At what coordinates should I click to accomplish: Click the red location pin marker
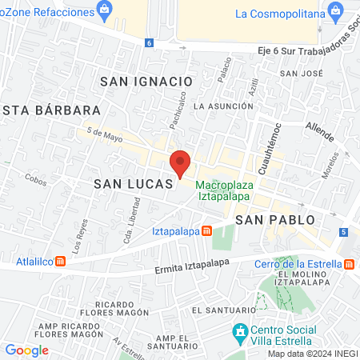(180, 163)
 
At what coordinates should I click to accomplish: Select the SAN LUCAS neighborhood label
(133, 184)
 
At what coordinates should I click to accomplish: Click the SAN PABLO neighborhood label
(274, 218)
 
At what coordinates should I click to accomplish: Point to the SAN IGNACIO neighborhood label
(146, 81)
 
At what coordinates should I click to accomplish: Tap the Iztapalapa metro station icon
(206, 232)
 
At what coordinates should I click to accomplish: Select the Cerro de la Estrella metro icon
(350, 264)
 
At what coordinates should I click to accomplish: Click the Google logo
(26, 350)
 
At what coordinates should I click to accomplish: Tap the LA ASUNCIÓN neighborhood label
(223, 106)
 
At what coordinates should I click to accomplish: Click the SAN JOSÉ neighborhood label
(306, 74)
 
